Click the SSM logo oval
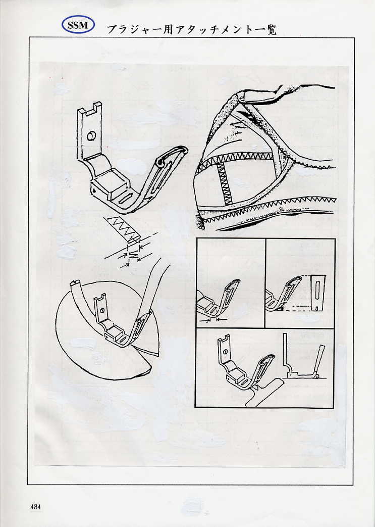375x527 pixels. pos(78,25)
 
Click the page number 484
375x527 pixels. pos(35,506)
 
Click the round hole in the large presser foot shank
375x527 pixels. pos(91,136)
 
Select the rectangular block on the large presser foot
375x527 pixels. pos(112,186)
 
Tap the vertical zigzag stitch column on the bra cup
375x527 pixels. pos(223,183)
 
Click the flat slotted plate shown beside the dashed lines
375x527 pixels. pos(317,293)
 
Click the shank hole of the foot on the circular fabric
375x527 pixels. pos(102,311)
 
